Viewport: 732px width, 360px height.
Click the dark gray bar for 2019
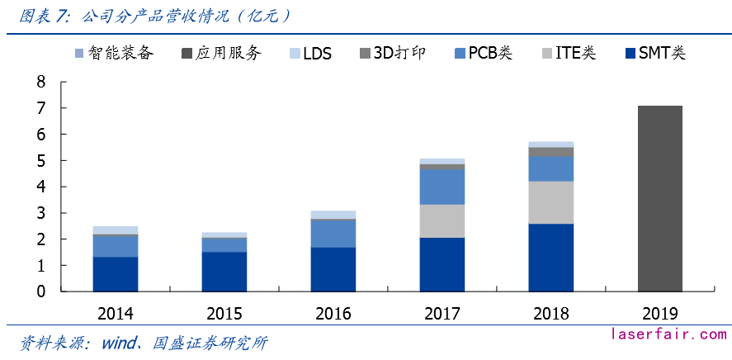(x=659, y=198)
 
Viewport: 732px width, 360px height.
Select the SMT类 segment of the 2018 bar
(x=550, y=257)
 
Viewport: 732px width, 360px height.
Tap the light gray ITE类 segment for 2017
(x=442, y=220)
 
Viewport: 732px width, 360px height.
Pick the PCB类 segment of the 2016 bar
(x=333, y=233)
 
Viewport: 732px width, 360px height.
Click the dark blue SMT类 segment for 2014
(x=115, y=274)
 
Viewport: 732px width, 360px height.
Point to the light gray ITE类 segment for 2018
(x=550, y=201)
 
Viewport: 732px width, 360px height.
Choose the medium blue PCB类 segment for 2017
(x=442, y=187)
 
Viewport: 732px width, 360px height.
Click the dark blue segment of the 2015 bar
(x=224, y=272)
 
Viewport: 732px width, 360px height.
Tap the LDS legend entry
(x=309, y=54)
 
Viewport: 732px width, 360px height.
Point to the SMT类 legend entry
(x=656, y=54)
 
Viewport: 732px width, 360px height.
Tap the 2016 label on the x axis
(x=333, y=314)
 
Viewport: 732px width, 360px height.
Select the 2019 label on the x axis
(x=659, y=314)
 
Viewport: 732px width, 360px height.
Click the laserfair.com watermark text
(x=668, y=334)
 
